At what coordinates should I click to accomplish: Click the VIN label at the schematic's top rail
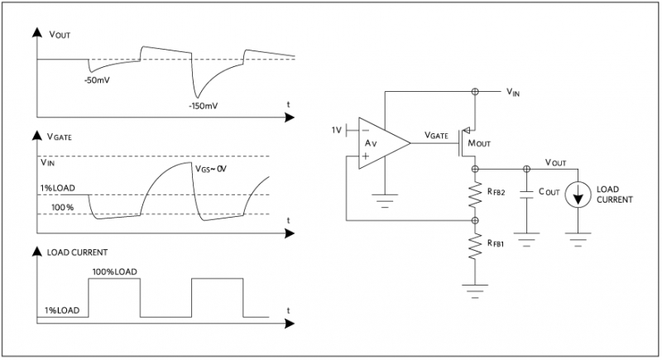514,93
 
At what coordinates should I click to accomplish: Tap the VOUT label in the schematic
556,161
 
